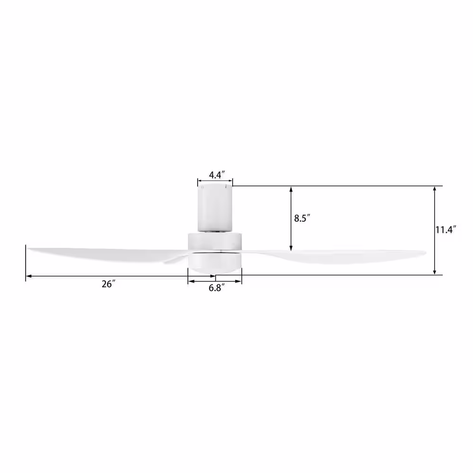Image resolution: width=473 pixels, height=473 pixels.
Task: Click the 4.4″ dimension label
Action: click(217, 175)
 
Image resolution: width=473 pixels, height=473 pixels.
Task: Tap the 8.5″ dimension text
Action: click(302, 218)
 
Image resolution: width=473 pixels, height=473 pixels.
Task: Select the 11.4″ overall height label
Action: click(445, 230)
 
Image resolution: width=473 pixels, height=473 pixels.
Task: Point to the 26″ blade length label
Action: click(108, 284)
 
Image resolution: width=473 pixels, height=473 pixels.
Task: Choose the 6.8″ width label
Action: click(217, 288)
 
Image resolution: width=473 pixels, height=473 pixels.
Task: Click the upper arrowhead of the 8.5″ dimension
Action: click(291, 190)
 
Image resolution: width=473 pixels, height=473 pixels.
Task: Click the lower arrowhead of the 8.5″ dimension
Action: click(291, 248)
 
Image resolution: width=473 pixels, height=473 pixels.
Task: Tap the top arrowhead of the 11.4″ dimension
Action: click(435, 190)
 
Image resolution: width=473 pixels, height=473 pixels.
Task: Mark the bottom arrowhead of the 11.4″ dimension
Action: click(435, 272)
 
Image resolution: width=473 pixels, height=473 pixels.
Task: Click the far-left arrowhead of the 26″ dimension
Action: click(29, 276)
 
